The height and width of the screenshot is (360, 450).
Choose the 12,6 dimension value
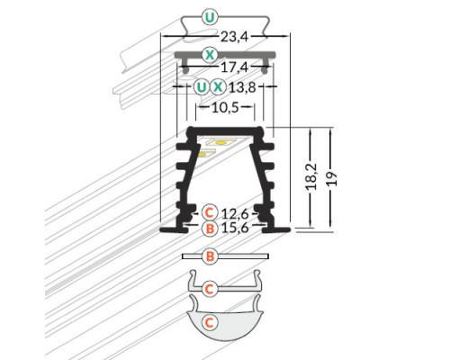click(236, 212)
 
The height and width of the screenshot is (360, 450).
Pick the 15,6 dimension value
click(236, 229)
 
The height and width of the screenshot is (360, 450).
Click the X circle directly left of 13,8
click(219, 87)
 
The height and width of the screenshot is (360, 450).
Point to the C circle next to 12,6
click(209, 212)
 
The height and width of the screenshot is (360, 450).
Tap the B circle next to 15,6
click(209, 229)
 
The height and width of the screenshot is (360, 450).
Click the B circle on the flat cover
click(209, 257)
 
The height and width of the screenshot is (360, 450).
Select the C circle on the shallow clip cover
click(209, 288)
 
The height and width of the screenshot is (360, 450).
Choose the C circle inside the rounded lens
click(209, 320)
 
